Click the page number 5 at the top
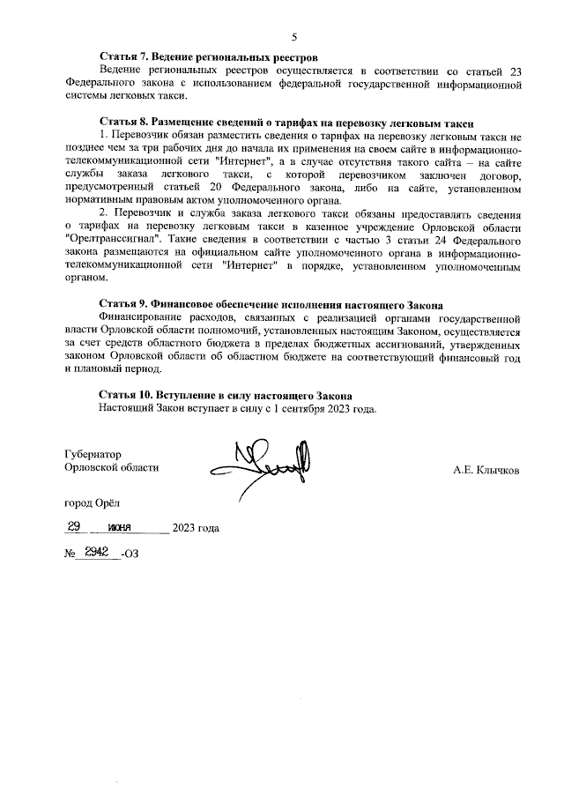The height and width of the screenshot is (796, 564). point(295,36)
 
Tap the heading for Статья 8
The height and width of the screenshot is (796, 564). point(286,123)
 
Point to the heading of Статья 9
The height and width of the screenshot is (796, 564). point(271,305)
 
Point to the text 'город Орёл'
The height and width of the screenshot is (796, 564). point(93,502)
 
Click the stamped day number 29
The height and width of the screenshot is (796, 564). point(75,526)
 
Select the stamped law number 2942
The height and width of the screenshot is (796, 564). point(92,551)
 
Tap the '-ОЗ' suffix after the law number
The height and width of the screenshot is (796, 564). point(130,553)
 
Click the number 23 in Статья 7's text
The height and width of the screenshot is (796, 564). point(516,71)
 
